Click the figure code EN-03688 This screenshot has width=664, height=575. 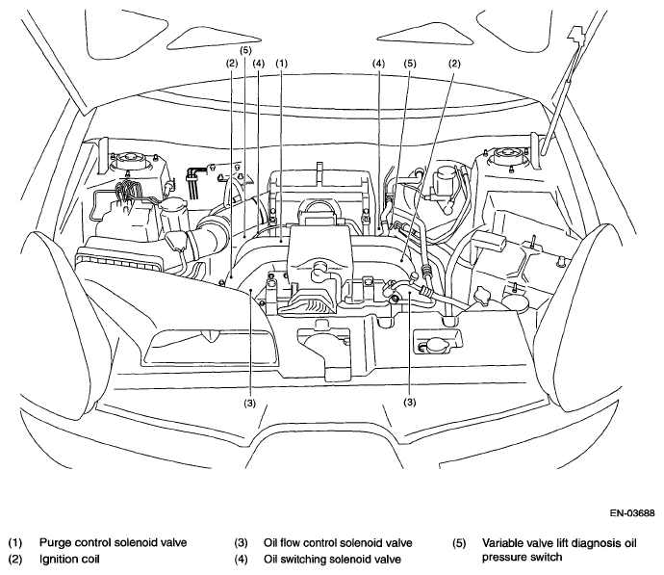[x=632, y=513]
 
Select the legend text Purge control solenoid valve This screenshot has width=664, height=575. [x=113, y=543]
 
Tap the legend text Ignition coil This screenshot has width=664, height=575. [x=69, y=560]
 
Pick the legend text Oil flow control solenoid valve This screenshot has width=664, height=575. [x=338, y=543]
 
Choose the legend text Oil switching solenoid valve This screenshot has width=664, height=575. [x=332, y=560]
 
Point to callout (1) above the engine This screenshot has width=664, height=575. [x=282, y=64]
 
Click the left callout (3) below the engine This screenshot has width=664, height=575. [x=250, y=403]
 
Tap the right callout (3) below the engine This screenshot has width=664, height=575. [x=410, y=402]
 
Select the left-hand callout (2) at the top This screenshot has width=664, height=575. [x=232, y=64]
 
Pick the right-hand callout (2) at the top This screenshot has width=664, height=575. [x=454, y=64]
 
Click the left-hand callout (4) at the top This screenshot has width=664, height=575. [x=258, y=64]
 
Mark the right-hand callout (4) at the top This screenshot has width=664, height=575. [x=378, y=64]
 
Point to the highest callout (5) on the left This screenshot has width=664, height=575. [x=245, y=50]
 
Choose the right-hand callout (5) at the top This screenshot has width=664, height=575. [x=410, y=64]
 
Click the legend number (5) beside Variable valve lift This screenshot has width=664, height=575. [x=459, y=543]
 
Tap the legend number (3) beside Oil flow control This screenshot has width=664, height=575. [x=241, y=543]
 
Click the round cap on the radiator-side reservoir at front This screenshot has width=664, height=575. [x=435, y=346]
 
